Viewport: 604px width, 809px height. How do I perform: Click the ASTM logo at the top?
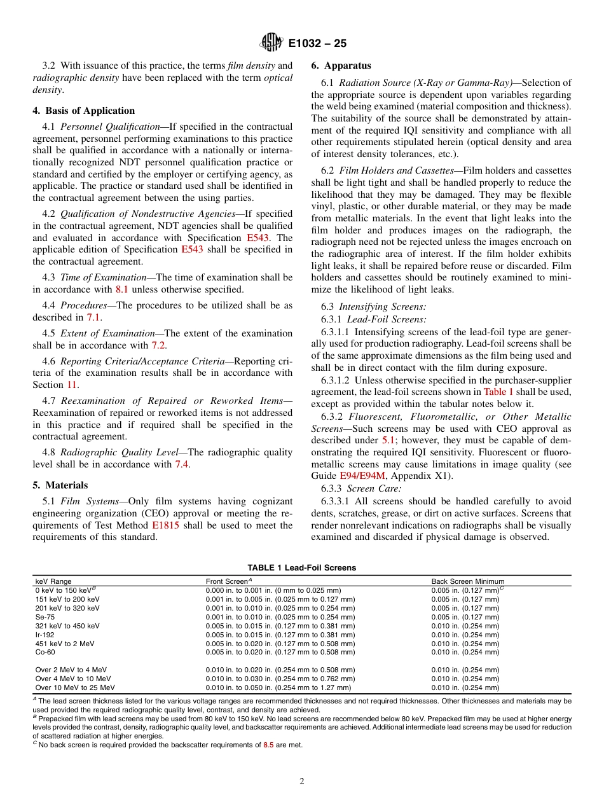(x=271, y=43)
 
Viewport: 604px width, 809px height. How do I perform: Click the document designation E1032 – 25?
(x=317, y=44)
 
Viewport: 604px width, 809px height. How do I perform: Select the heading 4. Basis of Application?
(x=83, y=111)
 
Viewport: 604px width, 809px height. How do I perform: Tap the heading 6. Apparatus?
(x=341, y=66)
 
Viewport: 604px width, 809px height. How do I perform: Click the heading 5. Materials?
(x=60, y=485)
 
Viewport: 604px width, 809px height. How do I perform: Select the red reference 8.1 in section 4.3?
(x=121, y=289)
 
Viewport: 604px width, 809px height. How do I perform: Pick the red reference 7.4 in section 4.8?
(x=182, y=464)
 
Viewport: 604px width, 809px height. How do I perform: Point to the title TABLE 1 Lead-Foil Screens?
(x=301, y=567)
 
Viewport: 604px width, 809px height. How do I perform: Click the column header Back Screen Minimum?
(x=467, y=581)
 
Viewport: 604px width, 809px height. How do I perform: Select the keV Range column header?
(x=53, y=581)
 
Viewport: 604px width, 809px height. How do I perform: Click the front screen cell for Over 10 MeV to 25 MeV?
(x=278, y=688)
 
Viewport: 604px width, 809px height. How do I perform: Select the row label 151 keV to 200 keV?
(x=67, y=599)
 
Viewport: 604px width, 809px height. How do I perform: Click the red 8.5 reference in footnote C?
(x=268, y=745)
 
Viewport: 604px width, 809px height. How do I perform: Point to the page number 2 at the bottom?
(x=301, y=782)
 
